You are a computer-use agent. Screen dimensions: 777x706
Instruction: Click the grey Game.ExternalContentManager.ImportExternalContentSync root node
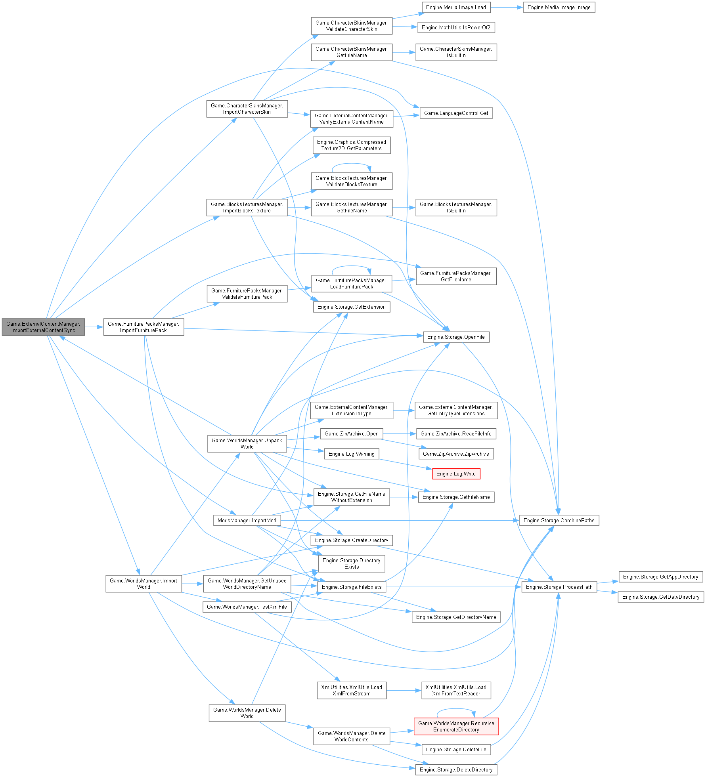point(43,327)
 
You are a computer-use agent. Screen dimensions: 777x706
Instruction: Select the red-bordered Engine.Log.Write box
point(456,474)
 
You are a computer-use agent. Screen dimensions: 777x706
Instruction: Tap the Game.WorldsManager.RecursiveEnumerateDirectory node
point(456,726)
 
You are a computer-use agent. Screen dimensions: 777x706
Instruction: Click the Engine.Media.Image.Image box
point(559,8)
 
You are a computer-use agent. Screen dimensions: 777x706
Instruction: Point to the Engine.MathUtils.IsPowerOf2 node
point(456,28)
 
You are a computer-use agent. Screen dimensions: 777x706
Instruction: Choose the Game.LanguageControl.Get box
point(456,113)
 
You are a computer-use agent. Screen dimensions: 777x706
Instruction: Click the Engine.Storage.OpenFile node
point(456,337)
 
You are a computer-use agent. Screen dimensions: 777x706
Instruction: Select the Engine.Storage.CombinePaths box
point(559,521)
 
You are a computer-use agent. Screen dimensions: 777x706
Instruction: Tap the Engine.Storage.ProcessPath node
point(559,587)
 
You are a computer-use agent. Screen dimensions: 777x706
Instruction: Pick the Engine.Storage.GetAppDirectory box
point(660,577)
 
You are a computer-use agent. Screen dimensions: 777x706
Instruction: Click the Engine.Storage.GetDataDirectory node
point(660,597)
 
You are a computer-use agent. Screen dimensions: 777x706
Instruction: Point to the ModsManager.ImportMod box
point(247,521)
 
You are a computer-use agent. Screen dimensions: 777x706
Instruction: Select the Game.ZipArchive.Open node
point(351,434)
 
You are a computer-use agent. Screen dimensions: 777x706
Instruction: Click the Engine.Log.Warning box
point(351,454)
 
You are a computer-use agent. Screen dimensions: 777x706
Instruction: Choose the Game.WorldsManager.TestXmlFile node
point(247,607)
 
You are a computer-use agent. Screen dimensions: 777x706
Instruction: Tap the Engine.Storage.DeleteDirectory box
point(456,770)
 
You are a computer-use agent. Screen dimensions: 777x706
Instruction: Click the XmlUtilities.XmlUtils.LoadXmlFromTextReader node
point(456,690)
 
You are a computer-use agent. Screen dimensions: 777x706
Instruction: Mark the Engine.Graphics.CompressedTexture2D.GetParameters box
point(351,145)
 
